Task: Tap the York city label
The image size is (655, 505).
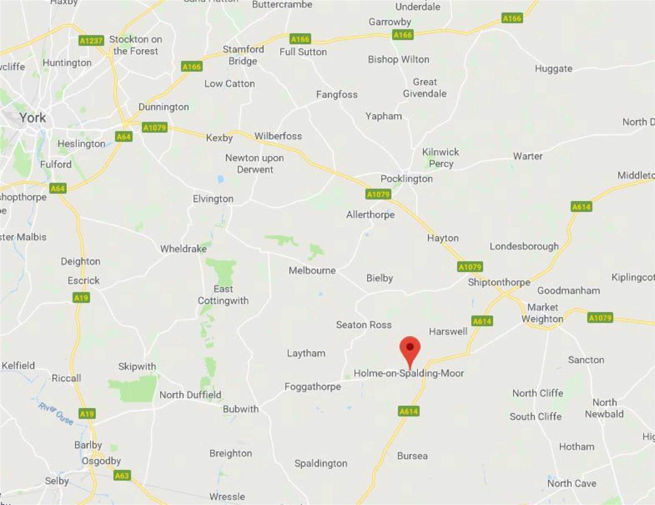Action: pos(33,117)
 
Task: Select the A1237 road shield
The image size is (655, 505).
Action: pos(91,41)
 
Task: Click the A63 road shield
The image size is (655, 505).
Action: pos(122,476)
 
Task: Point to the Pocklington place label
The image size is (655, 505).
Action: pos(406,179)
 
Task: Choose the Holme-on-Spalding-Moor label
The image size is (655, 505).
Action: pos(409,373)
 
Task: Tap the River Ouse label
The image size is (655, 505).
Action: pos(56,413)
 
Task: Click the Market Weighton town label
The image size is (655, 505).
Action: pos(542,313)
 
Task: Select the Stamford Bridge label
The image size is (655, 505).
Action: pos(243,55)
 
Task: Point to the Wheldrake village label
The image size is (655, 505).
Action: pos(183,249)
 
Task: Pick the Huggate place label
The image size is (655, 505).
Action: pos(554,69)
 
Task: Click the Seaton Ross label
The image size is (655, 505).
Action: pos(364,325)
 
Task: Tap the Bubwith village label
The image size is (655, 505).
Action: pos(240,409)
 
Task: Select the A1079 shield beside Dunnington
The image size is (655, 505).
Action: pos(154,128)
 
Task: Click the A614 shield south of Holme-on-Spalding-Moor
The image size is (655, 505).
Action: pos(409,411)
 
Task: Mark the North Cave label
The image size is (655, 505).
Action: pos(572,483)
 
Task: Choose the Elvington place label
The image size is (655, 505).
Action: pos(213,199)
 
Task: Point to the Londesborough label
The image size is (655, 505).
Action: pos(524,246)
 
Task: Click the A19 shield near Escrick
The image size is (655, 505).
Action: pos(81,298)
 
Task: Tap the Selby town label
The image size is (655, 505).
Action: pos(57,481)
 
